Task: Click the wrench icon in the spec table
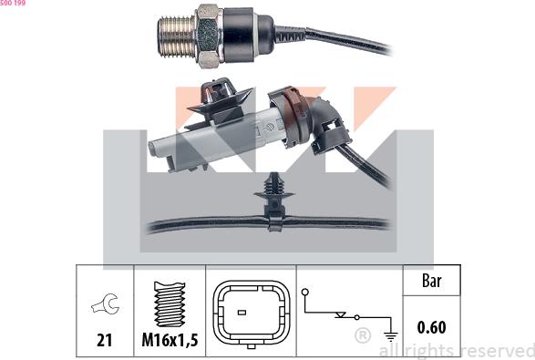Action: [x=104, y=306]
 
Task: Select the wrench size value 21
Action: [x=104, y=340]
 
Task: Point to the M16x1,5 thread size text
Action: [x=170, y=340]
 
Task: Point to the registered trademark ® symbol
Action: [x=362, y=336]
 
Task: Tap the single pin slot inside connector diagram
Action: [x=241, y=314]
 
